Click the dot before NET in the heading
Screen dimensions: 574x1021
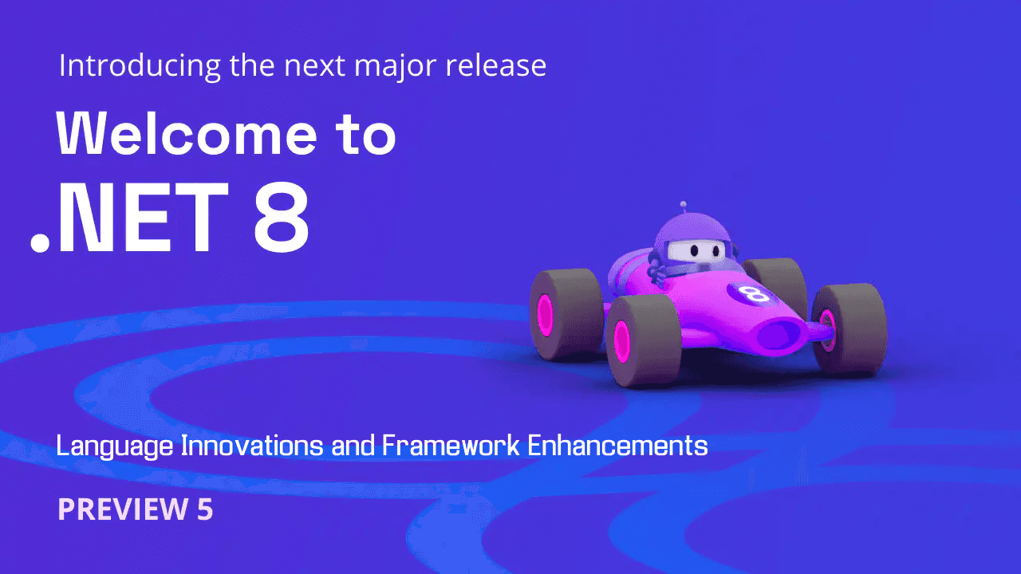[40, 242]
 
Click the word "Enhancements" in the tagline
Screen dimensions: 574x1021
[618, 445]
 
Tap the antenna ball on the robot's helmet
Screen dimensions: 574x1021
[682, 205]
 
